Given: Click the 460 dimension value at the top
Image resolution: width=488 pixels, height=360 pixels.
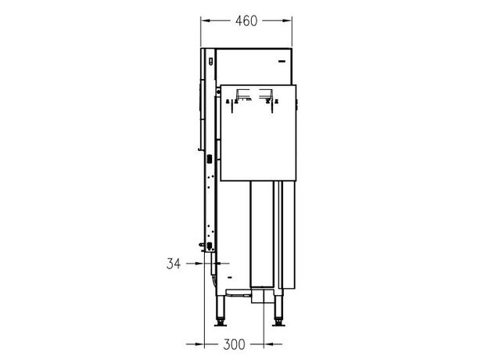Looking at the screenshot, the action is tap(246, 21).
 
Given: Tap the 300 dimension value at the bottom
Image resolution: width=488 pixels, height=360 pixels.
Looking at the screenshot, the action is tap(234, 344).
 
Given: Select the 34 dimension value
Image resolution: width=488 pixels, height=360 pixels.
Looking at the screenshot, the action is tap(174, 264).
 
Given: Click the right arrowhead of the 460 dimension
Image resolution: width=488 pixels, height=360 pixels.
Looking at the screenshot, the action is tap(288, 21).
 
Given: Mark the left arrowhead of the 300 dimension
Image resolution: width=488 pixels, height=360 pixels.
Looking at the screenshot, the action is tap(200, 344).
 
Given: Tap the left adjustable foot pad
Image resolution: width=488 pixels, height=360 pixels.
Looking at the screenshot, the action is tap(221, 323).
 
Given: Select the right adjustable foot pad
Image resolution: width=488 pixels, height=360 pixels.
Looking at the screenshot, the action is tap(278, 323).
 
